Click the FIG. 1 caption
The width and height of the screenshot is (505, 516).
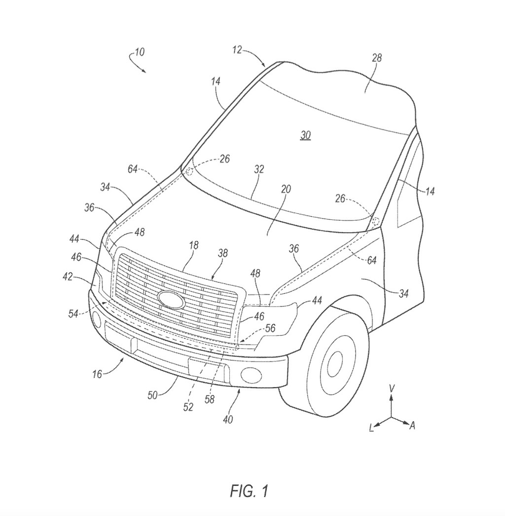249,491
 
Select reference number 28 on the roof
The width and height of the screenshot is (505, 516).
377,59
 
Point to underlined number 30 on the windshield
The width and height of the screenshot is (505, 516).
306,135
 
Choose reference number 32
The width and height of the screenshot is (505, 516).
259,169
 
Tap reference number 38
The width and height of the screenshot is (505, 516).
222,253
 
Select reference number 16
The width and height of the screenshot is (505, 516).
97,374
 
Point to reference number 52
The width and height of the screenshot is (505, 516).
188,407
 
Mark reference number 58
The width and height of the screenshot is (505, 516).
210,399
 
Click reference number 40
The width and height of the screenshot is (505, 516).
228,419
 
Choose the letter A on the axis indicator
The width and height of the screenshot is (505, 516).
412,426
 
